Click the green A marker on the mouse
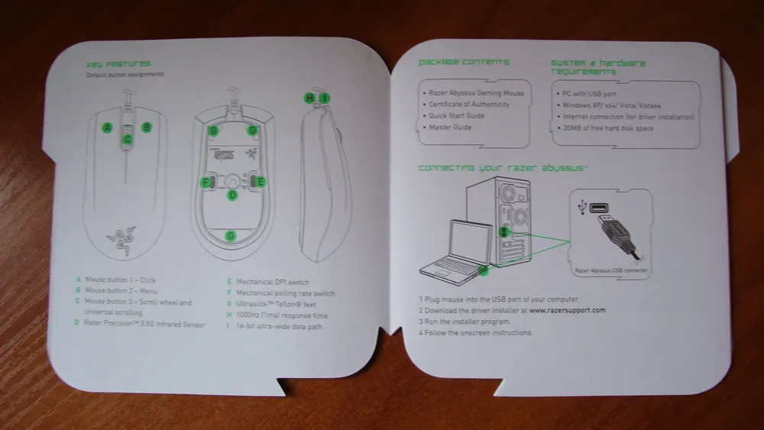coord(108,127)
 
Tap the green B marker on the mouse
coord(147,127)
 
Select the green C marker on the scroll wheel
coord(128,139)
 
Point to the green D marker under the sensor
coord(233,195)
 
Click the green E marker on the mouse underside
coord(260,182)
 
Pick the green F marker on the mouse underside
coord(206,182)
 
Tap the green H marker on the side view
coord(309,98)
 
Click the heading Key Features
coord(118,64)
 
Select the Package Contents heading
coord(464,62)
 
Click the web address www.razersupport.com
coord(567,310)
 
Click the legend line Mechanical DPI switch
coord(273,282)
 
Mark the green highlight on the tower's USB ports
coord(503,231)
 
